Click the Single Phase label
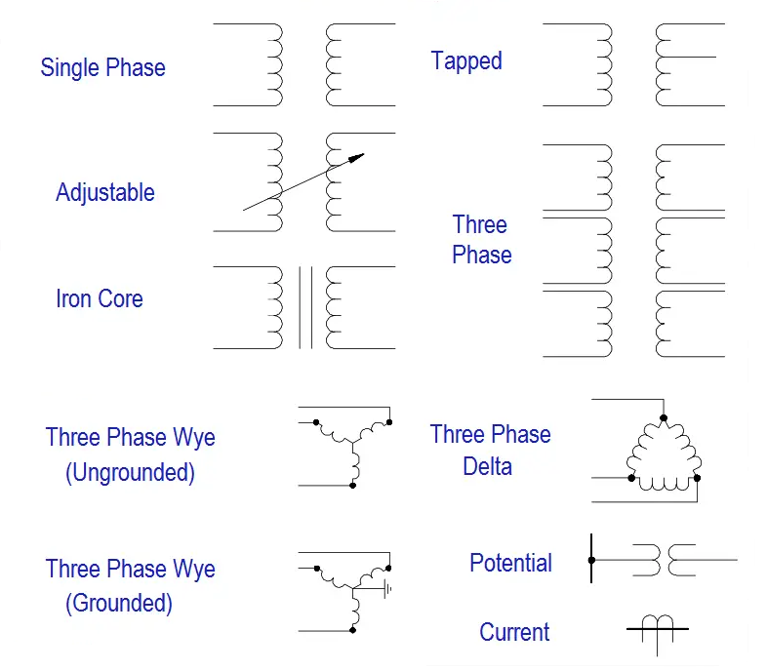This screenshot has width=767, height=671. (x=102, y=68)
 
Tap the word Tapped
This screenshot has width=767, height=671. (x=466, y=61)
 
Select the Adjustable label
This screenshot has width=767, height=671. (x=104, y=192)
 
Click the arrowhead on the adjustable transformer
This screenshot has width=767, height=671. (x=358, y=156)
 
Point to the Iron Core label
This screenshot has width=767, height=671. (x=99, y=298)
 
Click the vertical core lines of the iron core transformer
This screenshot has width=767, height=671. (x=305, y=307)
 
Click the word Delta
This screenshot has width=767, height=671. (x=487, y=466)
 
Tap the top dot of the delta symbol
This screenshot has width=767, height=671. (x=664, y=417)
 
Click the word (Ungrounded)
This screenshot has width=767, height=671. (x=130, y=473)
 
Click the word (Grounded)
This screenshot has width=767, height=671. (x=119, y=603)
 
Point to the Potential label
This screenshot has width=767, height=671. (x=510, y=563)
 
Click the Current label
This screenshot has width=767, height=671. (x=514, y=632)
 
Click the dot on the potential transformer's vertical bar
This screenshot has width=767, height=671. (x=591, y=560)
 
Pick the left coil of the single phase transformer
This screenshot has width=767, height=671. (x=274, y=64)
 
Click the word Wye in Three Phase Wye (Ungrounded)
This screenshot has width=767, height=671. (x=193, y=437)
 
